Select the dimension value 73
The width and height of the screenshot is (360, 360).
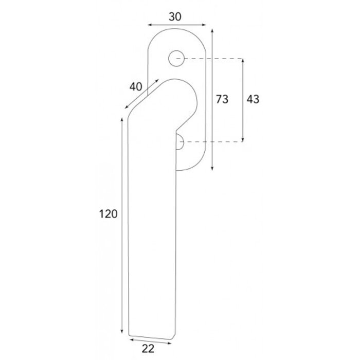(x=222, y=99)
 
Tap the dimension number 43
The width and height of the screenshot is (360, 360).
(x=253, y=99)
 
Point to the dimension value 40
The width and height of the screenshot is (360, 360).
(x=136, y=87)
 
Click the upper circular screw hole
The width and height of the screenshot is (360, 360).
(x=176, y=59)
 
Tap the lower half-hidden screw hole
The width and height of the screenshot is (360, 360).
(x=180, y=141)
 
